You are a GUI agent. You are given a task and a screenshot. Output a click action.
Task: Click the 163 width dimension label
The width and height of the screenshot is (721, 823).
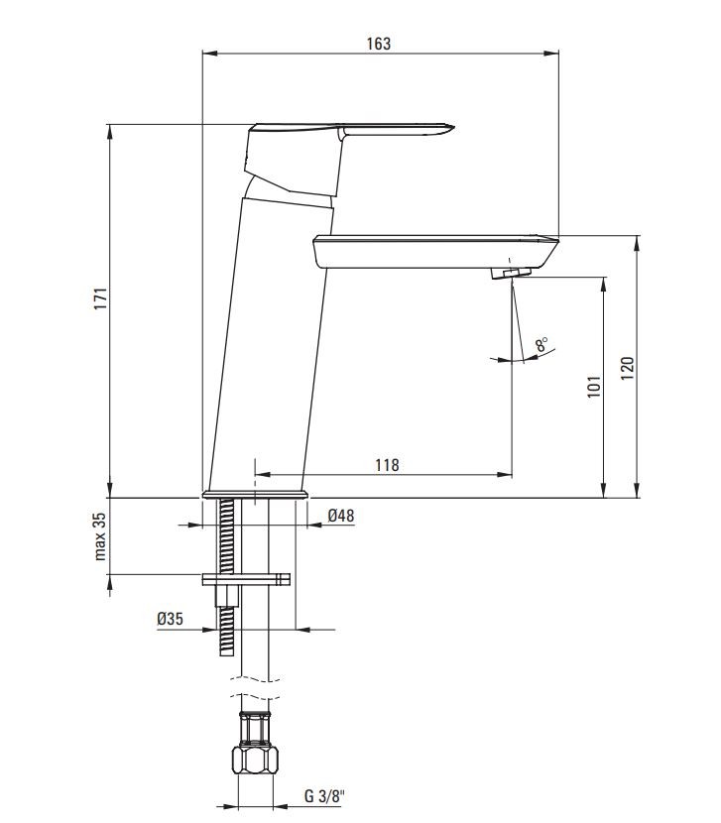[379, 44]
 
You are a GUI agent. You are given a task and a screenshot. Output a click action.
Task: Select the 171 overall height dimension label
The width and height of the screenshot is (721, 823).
[100, 299]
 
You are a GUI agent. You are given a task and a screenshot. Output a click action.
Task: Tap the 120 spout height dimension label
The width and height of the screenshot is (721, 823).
[627, 369]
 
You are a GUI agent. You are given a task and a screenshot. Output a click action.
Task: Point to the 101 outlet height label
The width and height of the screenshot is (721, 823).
[594, 387]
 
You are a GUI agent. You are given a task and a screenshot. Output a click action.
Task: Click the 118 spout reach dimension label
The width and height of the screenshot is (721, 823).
[387, 465]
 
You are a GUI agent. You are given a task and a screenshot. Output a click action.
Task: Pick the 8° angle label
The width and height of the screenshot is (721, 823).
[541, 345]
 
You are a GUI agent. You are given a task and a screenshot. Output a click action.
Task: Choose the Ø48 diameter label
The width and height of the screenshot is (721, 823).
[341, 516]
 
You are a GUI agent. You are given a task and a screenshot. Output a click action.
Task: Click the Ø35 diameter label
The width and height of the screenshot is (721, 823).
[171, 619]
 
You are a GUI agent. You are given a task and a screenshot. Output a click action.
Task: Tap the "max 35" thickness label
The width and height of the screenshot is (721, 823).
[100, 536]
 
